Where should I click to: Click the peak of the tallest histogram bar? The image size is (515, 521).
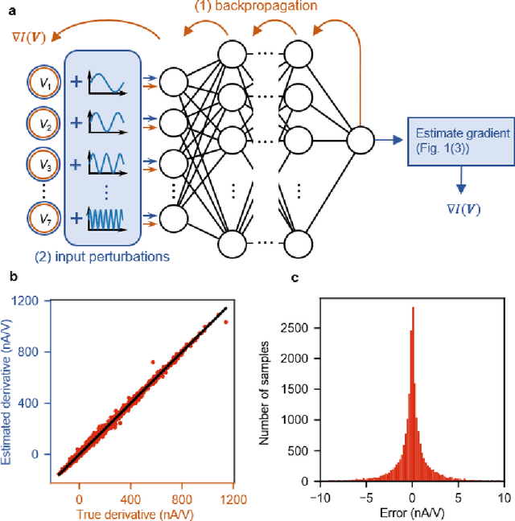(412, 307)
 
